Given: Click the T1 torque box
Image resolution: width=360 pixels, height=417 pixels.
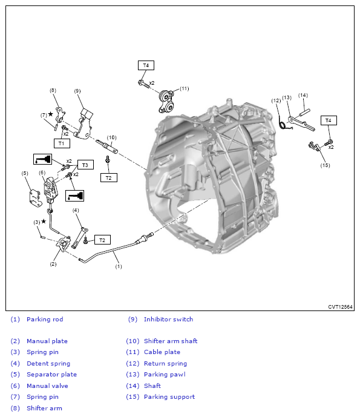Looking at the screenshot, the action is [62, 143].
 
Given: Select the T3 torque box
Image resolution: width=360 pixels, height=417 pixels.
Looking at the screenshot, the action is [85, 165].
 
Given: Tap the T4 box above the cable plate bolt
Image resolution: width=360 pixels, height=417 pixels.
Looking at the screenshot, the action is [146, 65].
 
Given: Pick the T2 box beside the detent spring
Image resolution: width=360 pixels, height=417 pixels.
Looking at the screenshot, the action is [102, 240].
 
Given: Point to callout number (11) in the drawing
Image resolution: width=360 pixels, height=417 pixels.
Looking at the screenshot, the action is [185, 88].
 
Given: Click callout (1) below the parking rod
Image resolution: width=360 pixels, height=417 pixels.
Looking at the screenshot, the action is [119, 266].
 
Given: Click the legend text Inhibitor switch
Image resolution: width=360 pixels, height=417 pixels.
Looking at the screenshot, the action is [168, 319].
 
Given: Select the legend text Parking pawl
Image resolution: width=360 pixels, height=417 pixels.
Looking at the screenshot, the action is [165, 375].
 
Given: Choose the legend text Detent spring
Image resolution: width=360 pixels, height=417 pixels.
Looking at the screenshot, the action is [48, 363].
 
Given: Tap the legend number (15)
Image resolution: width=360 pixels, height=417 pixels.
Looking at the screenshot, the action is [133, 397].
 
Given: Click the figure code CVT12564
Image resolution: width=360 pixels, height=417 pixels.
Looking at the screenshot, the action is [340, 307].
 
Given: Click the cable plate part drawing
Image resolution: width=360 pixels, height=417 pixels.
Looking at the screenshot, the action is [166, 102].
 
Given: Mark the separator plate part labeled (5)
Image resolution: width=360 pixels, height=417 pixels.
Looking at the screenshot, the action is [35, 197].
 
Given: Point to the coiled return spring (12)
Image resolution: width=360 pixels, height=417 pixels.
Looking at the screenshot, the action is [283, 124].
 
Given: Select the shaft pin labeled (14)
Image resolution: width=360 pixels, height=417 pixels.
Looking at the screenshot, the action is [305, 112].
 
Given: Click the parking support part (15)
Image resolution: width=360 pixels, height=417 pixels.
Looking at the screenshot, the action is [315, 146].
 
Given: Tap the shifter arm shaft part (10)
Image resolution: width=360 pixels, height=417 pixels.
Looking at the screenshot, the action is [106, 146].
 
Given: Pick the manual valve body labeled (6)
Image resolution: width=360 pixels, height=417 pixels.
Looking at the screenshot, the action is [50, 189].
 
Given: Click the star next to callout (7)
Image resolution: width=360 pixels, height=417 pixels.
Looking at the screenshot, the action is [50, 114].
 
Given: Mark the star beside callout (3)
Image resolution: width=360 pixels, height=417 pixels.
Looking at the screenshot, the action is [44, 222].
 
